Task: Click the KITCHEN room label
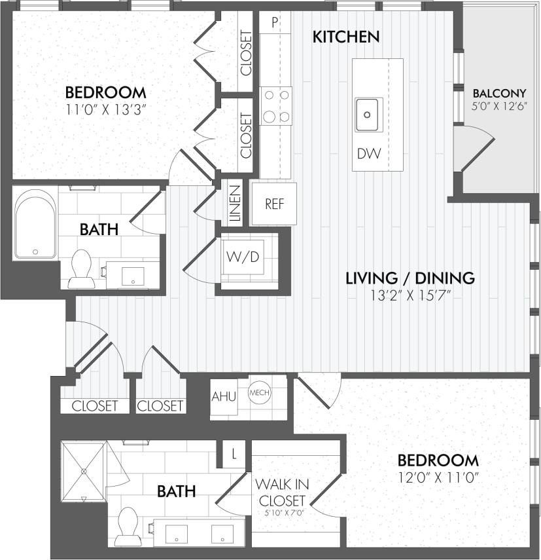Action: coord(345,37)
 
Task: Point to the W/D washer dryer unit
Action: coord(243,256)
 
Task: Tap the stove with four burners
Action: coord(275,106)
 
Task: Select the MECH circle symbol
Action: coord(259,393)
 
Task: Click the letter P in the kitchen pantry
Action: coord(275,22)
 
